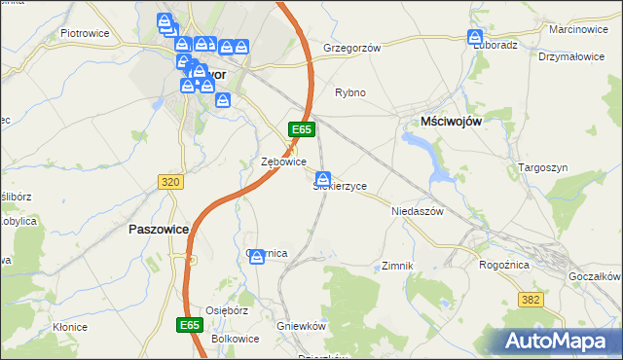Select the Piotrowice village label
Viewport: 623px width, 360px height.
pyautogui.click(x=84, y=32)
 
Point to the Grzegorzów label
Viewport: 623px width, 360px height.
pyautogui.click(x=350, y=47)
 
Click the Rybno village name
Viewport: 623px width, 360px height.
pyautogui.click(x=350, y=92)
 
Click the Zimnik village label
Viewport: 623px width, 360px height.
pyautogui.click(x=398, y=265)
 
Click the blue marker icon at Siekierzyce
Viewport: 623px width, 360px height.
pyautogui.click(x=322, y=178)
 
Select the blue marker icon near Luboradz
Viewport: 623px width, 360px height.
pyautogui.click(x=475, y=38)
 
